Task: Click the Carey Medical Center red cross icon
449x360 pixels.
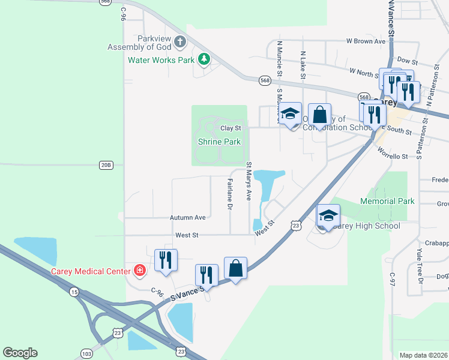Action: [140, 271]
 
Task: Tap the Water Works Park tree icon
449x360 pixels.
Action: [205, 59]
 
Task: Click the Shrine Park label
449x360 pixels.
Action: [219, 142]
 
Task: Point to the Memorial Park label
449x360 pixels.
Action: [387, 201]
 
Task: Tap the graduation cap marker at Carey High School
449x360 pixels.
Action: [328, 216]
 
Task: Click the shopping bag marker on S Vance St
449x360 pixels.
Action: [236, 268]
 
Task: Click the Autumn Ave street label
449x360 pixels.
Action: [187, 217]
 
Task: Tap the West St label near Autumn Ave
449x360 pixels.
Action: [187, 235]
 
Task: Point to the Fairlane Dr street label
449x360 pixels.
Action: [229, 193]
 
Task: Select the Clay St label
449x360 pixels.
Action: [231, 128]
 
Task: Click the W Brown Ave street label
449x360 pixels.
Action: [365, 41]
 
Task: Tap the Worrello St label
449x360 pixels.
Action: [393, 156]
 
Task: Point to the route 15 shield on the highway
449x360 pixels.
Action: [74, 292]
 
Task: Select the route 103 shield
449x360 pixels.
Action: [87, 354]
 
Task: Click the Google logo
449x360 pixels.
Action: [20, 353]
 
